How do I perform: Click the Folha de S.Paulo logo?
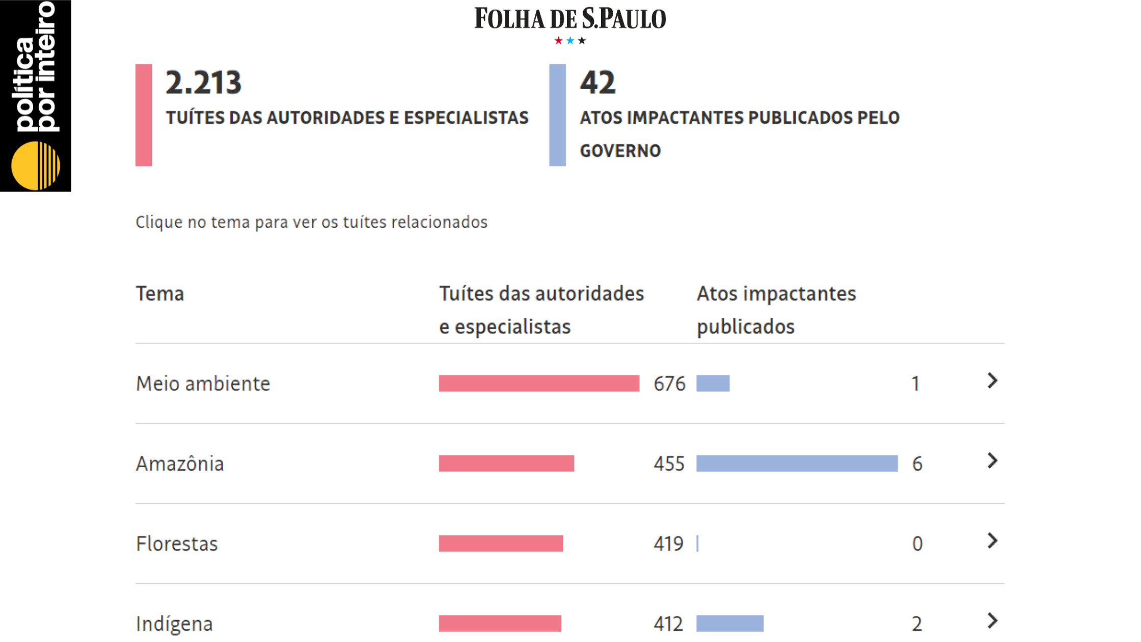[x=570, y=19]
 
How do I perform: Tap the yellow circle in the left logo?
[x=35, y=166]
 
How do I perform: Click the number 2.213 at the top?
[x=203, y=83]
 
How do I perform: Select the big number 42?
[x=597, y=83]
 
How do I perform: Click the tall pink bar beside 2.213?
[x=144, y=115]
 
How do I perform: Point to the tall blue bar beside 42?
[x=557, y=115]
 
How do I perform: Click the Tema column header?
[x=159, y=294]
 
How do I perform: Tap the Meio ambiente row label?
[x=203, y=384]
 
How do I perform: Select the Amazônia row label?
[x=180, y=464]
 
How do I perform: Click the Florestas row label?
[x=177, y=544]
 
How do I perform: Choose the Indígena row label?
[x=174, y=624]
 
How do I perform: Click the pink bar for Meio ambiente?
[x=539, y=384]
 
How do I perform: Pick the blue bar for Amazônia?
[x=797, y=464]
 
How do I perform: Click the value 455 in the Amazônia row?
[x=669, y=464]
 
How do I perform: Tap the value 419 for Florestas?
[x=668, y=544]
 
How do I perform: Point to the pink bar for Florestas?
[x=501, y=544]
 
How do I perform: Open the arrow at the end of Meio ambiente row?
[x=992, y=381]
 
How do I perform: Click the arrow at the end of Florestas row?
[x=992, y=541]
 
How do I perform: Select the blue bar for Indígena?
[x=729, y=624]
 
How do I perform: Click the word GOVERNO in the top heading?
[x=620, y=151]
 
